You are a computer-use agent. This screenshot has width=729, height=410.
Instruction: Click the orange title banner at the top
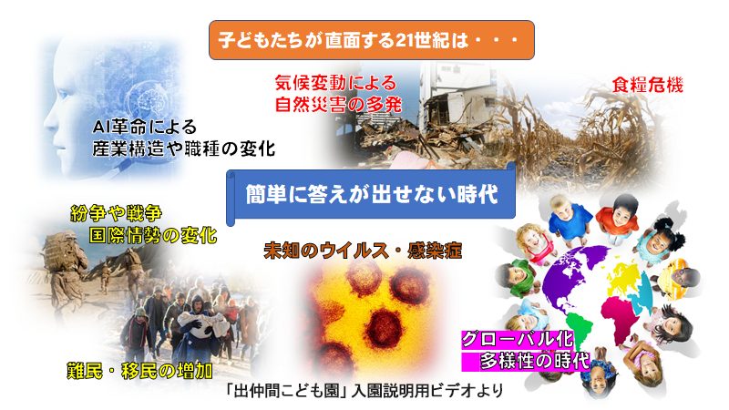click(372, 40)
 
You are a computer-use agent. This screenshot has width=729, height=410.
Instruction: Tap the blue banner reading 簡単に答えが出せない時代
click(372, 194)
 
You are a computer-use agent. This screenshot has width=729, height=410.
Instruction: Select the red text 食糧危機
click(647, 85)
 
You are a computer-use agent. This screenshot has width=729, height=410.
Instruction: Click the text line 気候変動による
click(335, 83)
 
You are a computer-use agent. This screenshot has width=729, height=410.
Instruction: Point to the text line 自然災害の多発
click(338, 104)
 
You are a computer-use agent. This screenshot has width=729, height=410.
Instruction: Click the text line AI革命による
click(145, 127)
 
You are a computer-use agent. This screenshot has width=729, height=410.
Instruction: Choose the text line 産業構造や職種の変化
click(184, 149)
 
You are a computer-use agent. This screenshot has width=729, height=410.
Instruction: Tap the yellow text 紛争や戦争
click(116, 214)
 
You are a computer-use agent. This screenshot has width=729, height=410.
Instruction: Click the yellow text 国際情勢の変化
click(153, 235)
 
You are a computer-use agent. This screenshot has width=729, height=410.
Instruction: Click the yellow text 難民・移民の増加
click(140, 371)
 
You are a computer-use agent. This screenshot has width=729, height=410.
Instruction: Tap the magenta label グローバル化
click(517, 339)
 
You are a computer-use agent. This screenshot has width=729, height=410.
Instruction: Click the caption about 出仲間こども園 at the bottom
click(363, 391)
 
